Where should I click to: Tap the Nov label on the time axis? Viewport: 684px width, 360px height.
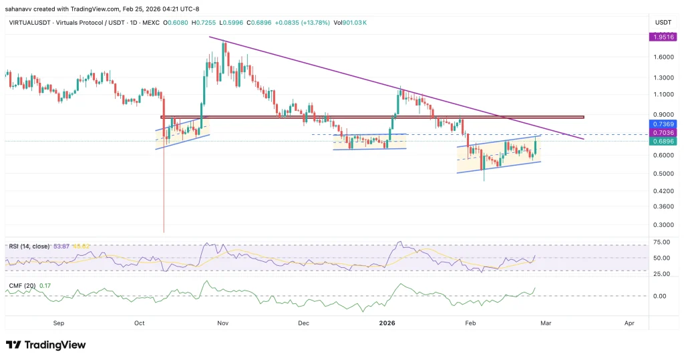[x=223, y=323]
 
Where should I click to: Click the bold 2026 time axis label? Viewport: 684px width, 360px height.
[x=387, y=323]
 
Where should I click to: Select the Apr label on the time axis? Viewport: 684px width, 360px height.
[x=629, y=323]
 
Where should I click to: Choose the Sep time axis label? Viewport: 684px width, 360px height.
[x=59, y=323]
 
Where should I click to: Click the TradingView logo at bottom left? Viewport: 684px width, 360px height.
[x=46, y=345]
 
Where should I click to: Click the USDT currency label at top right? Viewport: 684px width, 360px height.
[x=663, y=23]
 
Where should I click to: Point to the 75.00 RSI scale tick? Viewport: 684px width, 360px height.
[x=661, y=242]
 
